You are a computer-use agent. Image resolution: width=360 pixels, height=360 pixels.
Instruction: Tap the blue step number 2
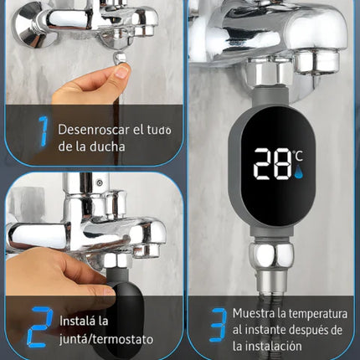coord(39,327)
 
